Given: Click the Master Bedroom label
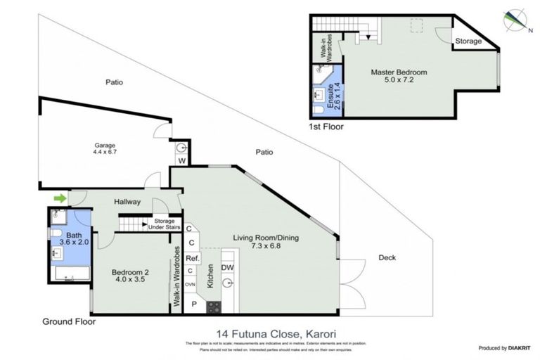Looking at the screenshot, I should click(x=399, y=76).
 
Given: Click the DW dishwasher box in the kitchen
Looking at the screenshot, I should click(x=227, y=268).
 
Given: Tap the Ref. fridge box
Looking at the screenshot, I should click(x=191, y=258).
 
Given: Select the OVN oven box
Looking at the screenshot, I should click(x=191, y=285).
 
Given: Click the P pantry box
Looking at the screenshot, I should click(x=193, y=305).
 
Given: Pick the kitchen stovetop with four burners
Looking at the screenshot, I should click(x=213, y=307).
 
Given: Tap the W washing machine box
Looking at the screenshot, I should click(x=181, y=161).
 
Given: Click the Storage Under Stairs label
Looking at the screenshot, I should click(x=163, y=224).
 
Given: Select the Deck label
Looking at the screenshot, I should click(x=387, y=257).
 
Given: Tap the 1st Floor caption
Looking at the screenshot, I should click(x=326, y=127).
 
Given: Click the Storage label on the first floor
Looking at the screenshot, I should click(x=469, y=41).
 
